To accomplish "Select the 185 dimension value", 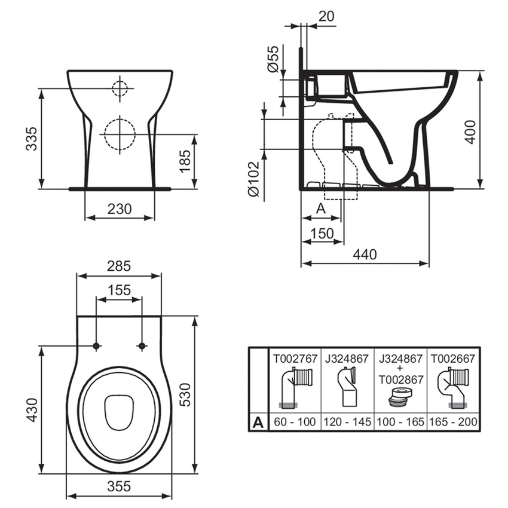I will click(x=186, y=161).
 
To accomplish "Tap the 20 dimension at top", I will click(x=326, y=17).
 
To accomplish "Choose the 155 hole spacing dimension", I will click(x=119, y=290).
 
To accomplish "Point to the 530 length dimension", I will click(x=186, y=394).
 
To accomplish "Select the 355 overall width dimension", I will click(x=119, y=486).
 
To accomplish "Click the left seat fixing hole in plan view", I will click(x=96, y=346).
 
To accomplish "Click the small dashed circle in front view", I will click(x=120, y=88).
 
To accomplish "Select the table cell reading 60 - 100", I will click(x=294, y=422).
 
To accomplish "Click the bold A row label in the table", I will click(x=258, y=422).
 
